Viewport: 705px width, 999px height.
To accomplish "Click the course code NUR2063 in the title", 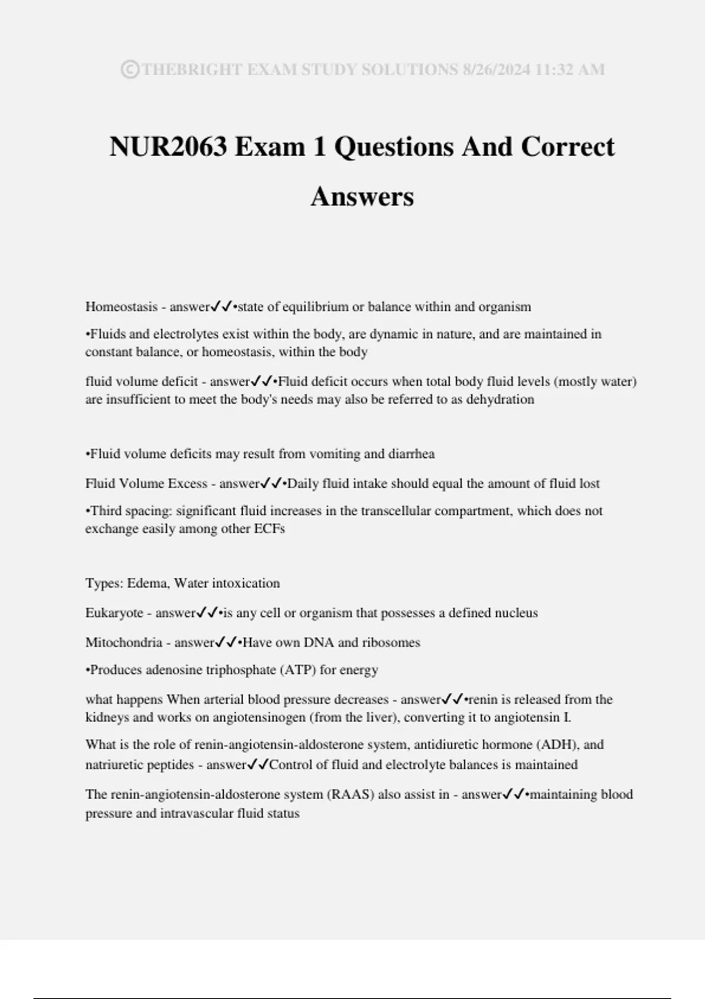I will pyautogui.click(x=168, y=147).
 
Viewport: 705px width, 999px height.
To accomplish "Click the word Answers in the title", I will pyautogui.click(x=362, y=196).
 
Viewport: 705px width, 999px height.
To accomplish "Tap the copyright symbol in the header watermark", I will pyautogui.click(x=130, y=70).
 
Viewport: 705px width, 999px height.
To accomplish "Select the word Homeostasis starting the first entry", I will pyautogui.click(x=122, y=307).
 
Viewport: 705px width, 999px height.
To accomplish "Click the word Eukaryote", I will pyautogui.click(x=114, y=613).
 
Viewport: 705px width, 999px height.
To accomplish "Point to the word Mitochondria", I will pyautogui.click(x=123, y=642).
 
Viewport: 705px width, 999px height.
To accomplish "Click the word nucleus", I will pyautogui.click(x=516, y=613).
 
